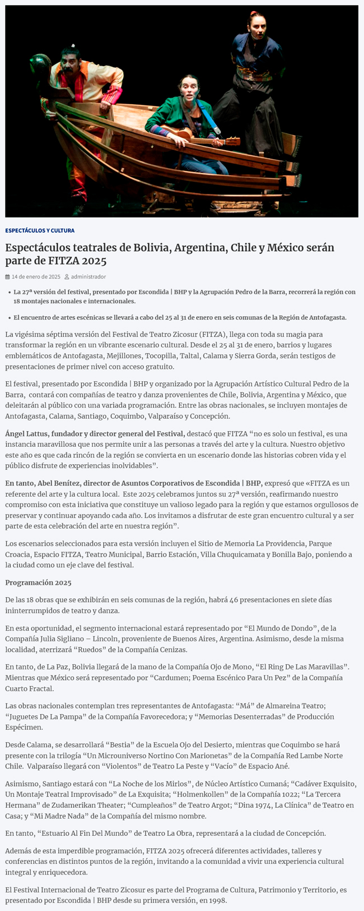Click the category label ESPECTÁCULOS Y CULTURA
click(x=40, y=230)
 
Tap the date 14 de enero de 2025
click(x=36, y=277)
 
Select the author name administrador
click(x=88, y=277)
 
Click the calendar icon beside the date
click(x=8, y=277)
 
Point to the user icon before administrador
click(x=67, y=277)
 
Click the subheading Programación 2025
click(x=38, y=582)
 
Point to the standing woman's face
click(x=255, y=24)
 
